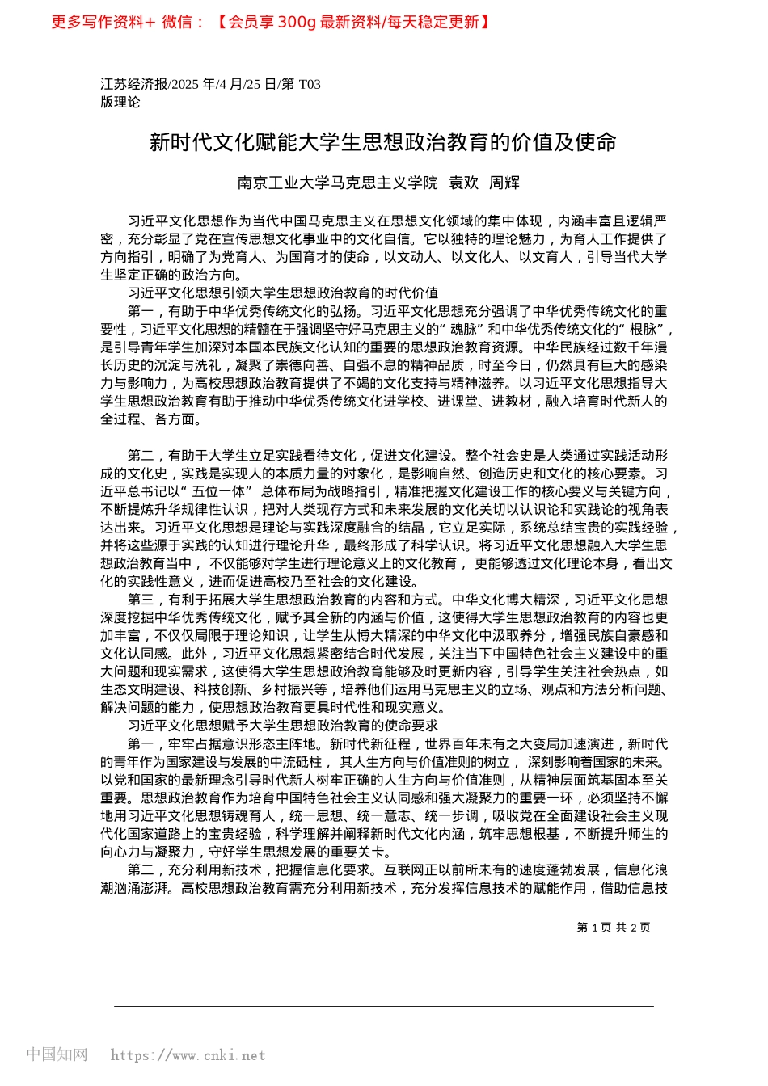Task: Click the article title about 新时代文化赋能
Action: (x=383, y=142)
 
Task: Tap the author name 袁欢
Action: (x=463, y=183)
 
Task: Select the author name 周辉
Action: (x=504, y=183)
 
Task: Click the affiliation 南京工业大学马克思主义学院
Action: (x=337, y=183)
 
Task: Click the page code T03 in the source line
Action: (x=310, y=84)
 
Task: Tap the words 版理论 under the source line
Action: (x=120, y=102)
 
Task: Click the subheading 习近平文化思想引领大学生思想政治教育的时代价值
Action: (x=283, y=293)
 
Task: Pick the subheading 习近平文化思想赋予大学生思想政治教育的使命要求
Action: (x=283, y=726)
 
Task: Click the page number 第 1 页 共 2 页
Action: (x=614, y=928)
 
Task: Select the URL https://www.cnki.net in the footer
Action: (x=188, y=1055)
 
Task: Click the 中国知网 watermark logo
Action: (x=57, y=1054)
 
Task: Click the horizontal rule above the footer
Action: (x=383, y=1006)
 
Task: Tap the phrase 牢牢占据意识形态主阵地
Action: (x=242, y=744)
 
